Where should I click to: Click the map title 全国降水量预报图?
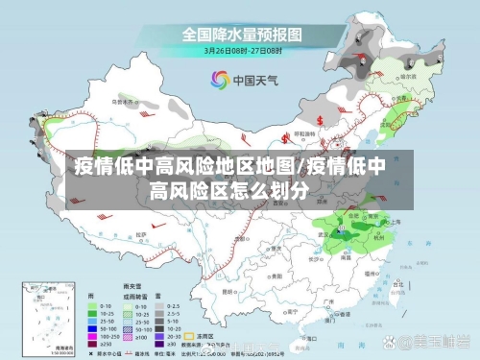pos(243,35)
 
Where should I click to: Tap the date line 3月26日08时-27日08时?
pos(243,50)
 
